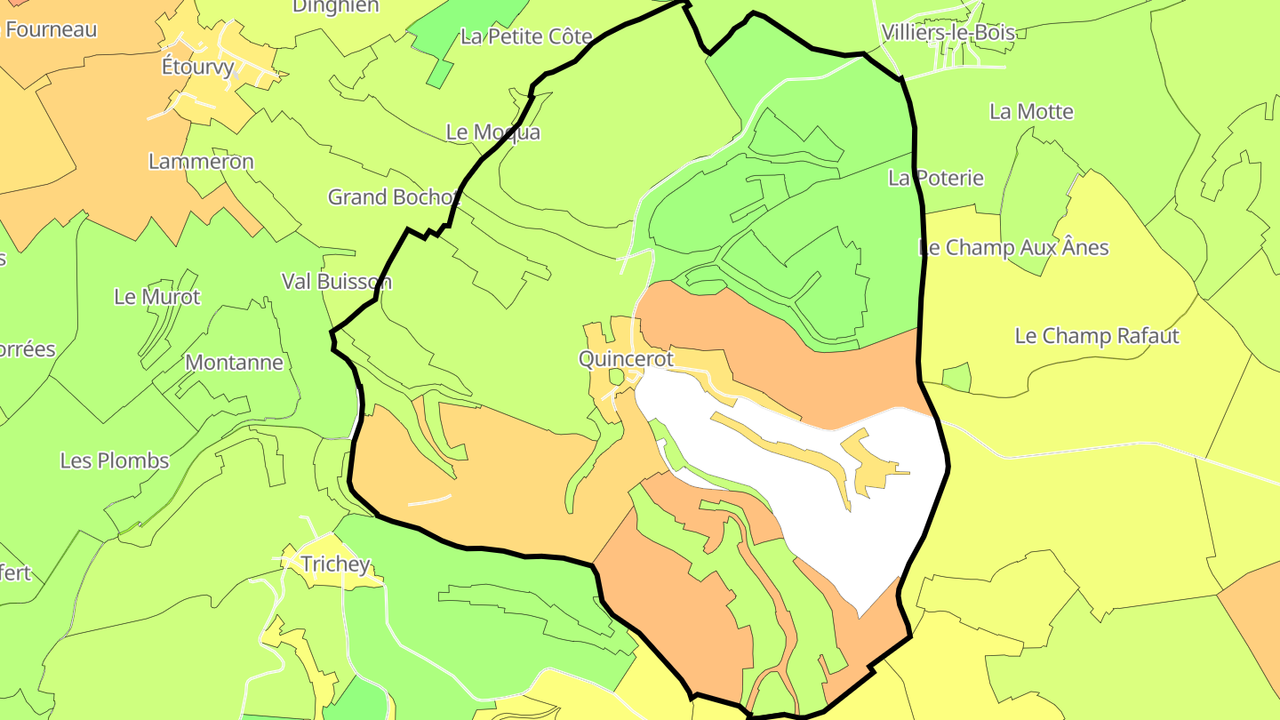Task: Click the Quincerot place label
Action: (626, 359)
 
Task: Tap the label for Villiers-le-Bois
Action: (948, 33)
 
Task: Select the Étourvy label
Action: (197, 67)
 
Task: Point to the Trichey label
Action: (335, 564)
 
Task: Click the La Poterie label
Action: (936, 178)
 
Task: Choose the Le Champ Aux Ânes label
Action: (1013, 247)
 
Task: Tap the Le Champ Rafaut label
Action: (1097, 336)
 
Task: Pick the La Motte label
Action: (1031, 112)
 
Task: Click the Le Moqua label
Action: (492, 132)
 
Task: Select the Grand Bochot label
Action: (393, 196)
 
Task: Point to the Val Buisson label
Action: (336, 282)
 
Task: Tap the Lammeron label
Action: (201, 162)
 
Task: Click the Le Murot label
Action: (157, 297)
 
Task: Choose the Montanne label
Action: (234, 363)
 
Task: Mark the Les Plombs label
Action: (115, 460)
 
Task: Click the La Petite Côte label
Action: (526, 36)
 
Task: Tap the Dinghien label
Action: (336, 7)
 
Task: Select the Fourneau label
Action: (51, 29)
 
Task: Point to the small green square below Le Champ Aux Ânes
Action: (956, 378)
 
